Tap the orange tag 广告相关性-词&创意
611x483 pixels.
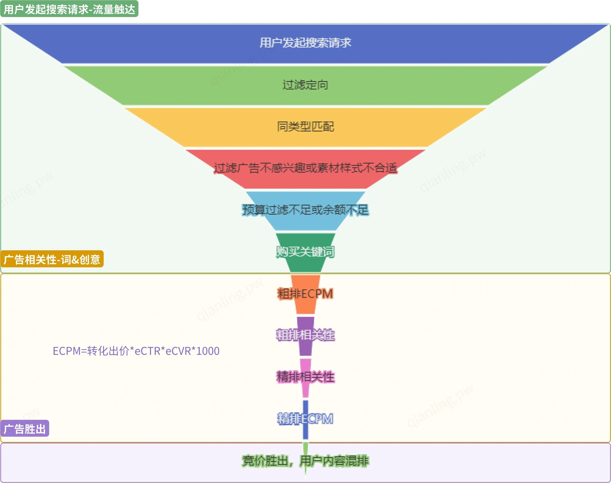(52, 259)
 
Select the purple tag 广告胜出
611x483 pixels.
(25, 429)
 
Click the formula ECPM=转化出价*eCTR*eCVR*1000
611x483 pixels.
(136, 351)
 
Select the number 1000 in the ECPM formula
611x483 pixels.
(208, 351)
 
